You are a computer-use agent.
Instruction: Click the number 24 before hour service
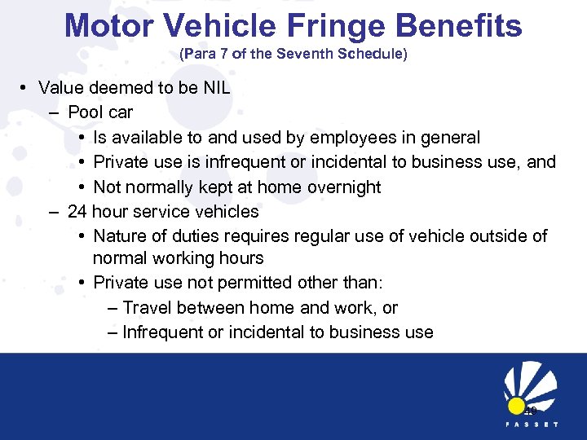77,211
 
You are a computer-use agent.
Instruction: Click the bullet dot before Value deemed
27,87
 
